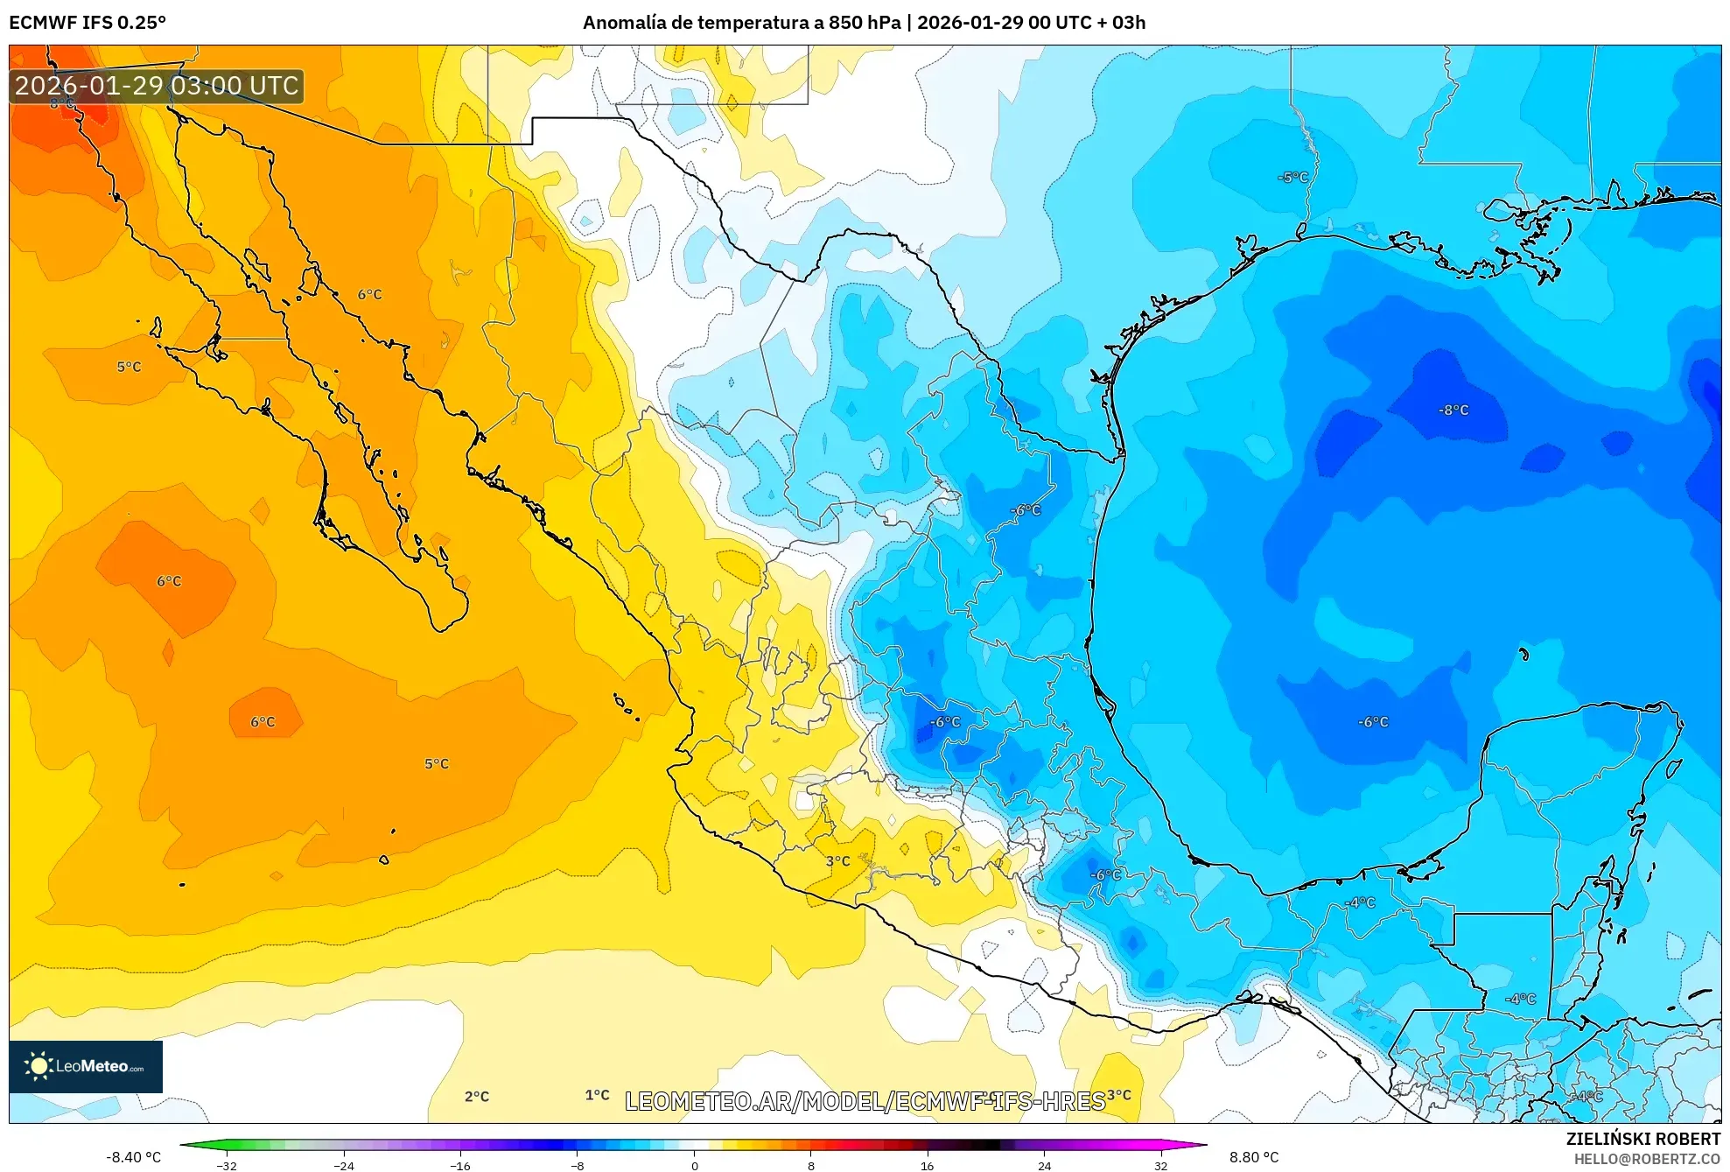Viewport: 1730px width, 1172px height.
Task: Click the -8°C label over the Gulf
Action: click(1453, 410)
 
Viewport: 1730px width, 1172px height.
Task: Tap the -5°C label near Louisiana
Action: click(1292, 177)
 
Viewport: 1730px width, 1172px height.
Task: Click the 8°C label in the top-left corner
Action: click(61, 103)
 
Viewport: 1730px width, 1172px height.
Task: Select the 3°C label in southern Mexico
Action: click(837, 860)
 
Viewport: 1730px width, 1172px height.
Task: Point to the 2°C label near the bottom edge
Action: click(476, 1096)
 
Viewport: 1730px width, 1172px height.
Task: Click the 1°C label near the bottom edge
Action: click(597, 1094)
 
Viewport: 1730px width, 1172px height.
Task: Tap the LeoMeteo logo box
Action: click(85, 1066)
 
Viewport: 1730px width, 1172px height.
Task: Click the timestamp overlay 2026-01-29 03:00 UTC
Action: click(157, 86)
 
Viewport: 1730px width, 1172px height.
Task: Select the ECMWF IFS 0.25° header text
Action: click(88, 23)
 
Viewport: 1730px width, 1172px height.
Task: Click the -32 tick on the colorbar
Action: click(227, 1165)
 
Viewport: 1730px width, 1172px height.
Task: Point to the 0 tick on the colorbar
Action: click(694, 1165)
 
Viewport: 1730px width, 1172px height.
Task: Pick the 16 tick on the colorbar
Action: click(927, 1165)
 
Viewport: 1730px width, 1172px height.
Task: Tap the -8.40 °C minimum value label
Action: click(133, 1157)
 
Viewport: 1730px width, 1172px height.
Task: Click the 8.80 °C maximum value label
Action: click(1253, 1157)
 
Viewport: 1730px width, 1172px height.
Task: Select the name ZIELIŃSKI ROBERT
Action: click(1642, 1139)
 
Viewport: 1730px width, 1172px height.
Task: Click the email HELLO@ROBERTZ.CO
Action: click(1647, 1159)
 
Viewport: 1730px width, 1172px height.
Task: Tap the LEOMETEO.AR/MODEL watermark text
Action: click(865, 1101)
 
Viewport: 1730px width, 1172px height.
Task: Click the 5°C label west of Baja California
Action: click(129, 367)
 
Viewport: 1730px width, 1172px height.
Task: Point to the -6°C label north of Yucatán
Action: click(1372, 721)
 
